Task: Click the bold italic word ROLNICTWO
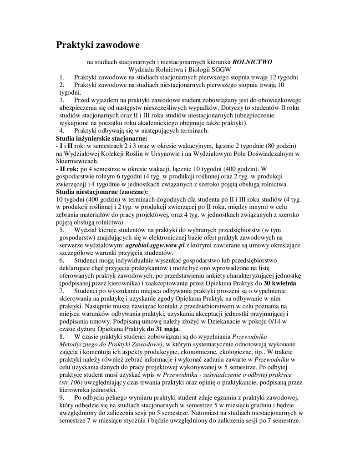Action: tap(253, 61)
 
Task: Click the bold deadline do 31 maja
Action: tap(163, 329)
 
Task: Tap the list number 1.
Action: tap(62, 77)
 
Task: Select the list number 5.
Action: tap(62, 230)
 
